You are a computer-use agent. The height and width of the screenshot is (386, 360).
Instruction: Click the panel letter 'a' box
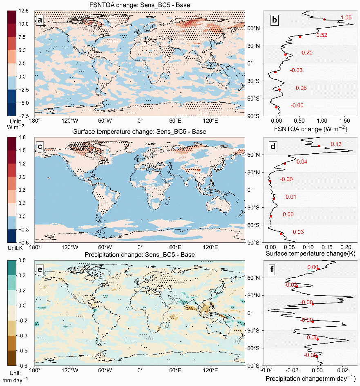click(x=40, y=20)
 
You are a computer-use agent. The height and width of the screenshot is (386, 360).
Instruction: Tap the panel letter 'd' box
click(x=273, y=146)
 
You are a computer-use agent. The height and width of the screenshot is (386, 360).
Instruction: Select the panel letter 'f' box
click(x=272, y=269)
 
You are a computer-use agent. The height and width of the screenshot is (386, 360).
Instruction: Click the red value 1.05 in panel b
click(x=346, y=18)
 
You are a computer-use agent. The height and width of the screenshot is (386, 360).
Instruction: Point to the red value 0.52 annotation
click(x=322, y=35)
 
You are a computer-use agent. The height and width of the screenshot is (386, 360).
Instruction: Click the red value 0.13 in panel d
click(x=336, y=144)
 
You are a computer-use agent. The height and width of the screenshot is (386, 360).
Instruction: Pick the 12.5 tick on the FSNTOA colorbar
click(x=24, y=11)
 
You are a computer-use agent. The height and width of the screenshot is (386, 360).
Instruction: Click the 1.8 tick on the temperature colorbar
click(x=22, y=137)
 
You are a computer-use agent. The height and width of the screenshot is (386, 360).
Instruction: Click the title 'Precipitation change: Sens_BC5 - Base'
click(x=139, y=255)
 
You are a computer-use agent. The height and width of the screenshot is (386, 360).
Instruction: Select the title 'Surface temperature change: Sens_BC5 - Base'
click(x=139, y=132)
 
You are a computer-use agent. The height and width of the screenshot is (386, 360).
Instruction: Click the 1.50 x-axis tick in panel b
click(x=344, y=121)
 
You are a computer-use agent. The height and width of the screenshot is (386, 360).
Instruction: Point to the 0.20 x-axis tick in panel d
click(x=346, y=247)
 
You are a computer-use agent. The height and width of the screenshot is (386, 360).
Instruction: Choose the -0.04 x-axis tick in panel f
click(x=266, y=370)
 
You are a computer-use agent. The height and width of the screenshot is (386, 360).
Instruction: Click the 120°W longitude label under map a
click(x=70, y=121)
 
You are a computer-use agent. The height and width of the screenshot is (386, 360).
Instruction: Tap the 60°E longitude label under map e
click(x=175, y=370)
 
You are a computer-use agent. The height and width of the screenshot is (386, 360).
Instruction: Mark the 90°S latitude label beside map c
click(x=253, y=243)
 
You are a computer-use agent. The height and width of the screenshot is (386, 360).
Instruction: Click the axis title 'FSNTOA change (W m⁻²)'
click(x=311, y=129)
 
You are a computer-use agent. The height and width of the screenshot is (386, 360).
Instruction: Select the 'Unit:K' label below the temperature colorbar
click(x=15, y=248)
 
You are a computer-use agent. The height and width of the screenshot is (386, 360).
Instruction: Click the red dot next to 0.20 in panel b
click(x=286, y=54)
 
